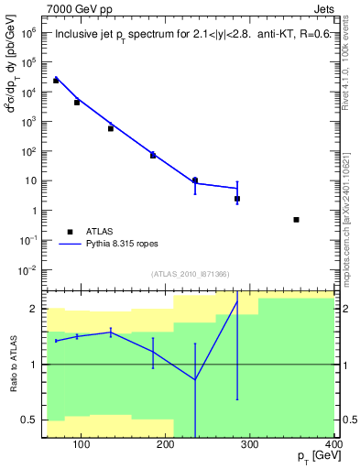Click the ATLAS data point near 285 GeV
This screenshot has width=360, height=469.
[237, 199]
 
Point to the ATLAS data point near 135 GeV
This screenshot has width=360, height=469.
[111, 128]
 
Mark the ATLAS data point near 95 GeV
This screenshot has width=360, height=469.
[77, 103]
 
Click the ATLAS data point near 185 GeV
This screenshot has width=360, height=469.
[153, 156]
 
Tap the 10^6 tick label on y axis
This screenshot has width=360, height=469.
[27, 31]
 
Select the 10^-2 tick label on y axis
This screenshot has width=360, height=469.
[27, 269]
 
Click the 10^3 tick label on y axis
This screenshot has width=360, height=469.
[27, 121]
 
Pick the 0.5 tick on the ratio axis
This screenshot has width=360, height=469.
[31, 420]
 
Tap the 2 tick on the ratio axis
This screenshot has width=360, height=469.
[36, 309]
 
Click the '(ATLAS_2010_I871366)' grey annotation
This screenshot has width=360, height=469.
[189, 276]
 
